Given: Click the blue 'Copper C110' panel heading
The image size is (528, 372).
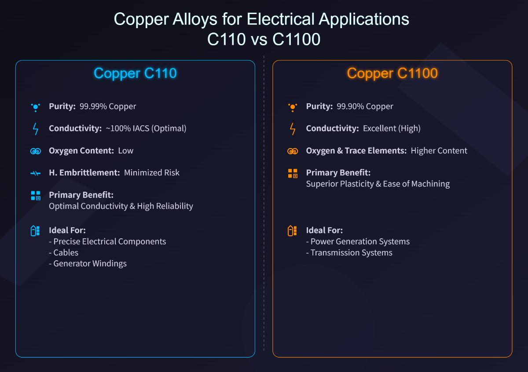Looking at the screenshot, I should pyautogui.click(x=135, y=73).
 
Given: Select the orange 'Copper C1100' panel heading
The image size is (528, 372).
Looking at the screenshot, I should pyautogui.click(x=392, y=73).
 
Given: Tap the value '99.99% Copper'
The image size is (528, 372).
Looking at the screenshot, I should pyautogui.click(x=108, y=106).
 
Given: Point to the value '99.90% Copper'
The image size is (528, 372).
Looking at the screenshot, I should pyautogui.click(x=365, y=106).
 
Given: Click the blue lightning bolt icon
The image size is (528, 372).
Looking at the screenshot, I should pyautogui.click(x=36, y=129).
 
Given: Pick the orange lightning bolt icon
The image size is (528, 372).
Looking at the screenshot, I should pyautogui.click(x=293, y=129).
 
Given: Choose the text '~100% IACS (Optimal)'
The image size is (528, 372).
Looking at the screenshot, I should pyautogui.click(x=146, y=128).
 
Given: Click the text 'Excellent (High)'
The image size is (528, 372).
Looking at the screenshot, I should pyautogui.click(x=392, y=128).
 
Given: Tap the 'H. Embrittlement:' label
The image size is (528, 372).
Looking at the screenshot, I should pyautogui.click(x=84, y=172).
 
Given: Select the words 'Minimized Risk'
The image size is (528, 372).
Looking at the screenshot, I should pyautogui.click(x=152, y=172).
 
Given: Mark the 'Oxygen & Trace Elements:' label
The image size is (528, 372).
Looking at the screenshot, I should pyautogui.click(x=356, y=150).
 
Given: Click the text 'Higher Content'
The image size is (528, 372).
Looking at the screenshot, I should pyautogui.click(x=439, y=150).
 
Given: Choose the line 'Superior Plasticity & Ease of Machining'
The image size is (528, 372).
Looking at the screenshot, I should pyautogui.click(x=378, y=183).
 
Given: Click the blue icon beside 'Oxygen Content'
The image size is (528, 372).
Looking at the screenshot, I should pyautogui.click(x=36, y=151).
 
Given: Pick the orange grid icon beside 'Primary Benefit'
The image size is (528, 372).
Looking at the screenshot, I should pyautogui.click(x=293, y=173).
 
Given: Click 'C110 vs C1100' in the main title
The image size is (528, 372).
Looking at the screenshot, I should pyautogui.click(x=264, y=40).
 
